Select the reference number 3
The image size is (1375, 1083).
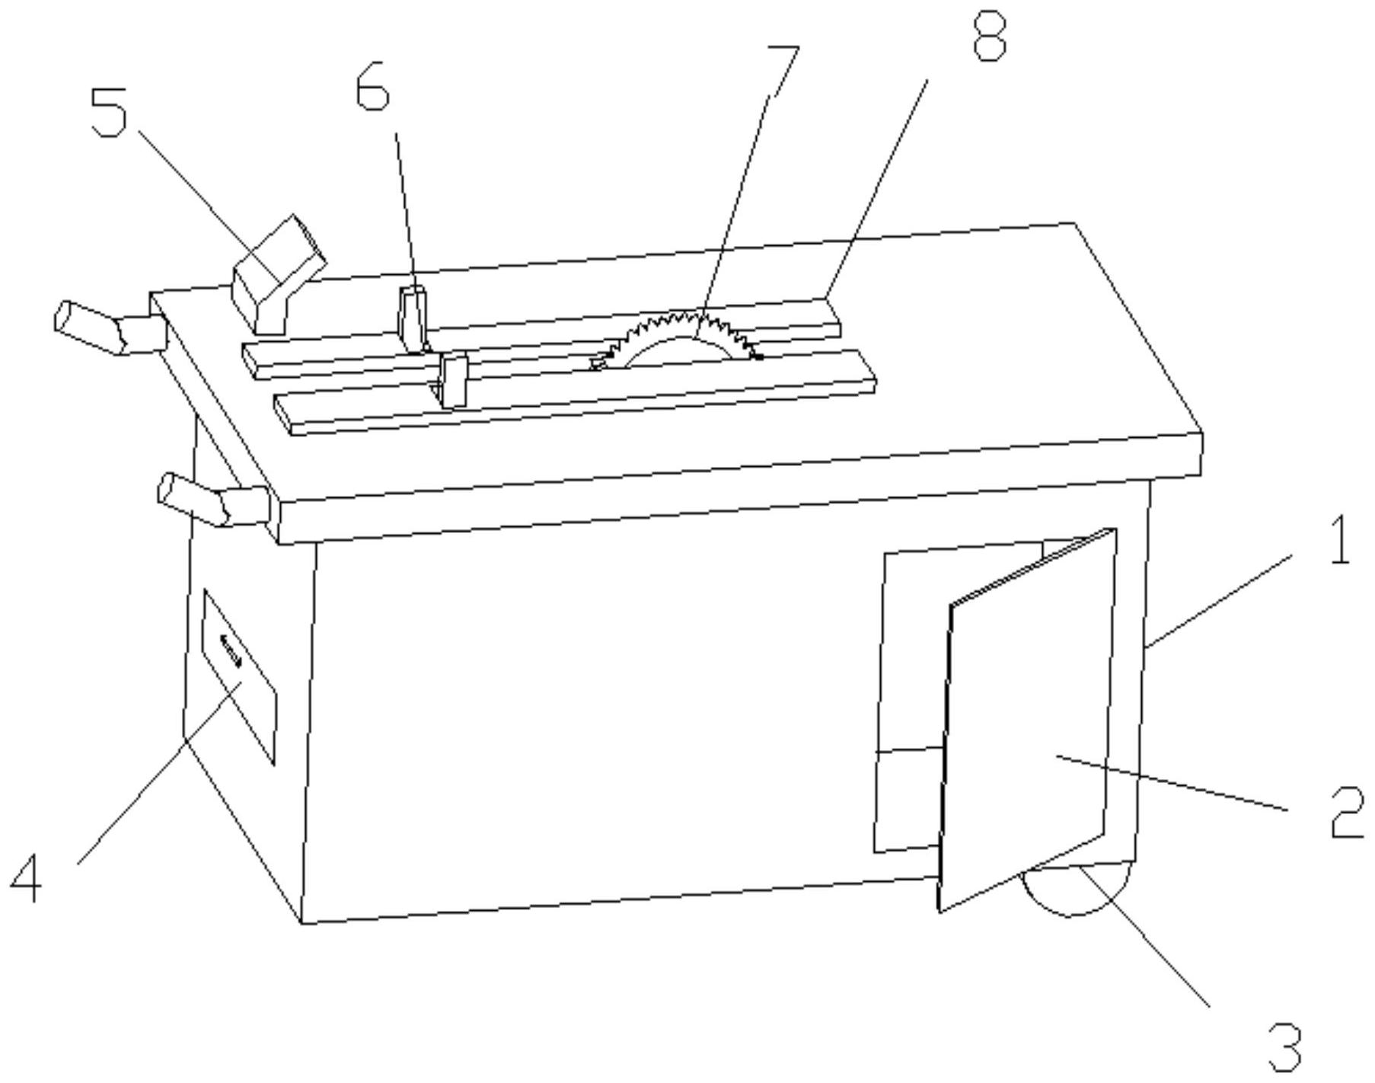pyautogui.click(x=1286, y=1048)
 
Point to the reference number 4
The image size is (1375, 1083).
pyautogui.click(x=26, y=877)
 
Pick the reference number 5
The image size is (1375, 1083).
pyautogui.click(x=109, y=113)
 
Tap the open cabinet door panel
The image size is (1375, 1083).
pyautogui.click(x=1028, y=719)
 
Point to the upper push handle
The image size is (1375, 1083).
pyautogui.click(x=110, y=327)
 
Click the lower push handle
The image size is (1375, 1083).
pyautogui.click(x=214, y=499)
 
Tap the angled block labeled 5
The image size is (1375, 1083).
pyautogui.click(x=279, y=274)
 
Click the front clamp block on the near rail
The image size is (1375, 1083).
pyautogui.click(x=454, y=381)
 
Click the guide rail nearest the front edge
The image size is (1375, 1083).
pyautogui.click(x=576, y=392)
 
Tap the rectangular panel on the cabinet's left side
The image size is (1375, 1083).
pyautogui.click(x=238, y=676)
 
